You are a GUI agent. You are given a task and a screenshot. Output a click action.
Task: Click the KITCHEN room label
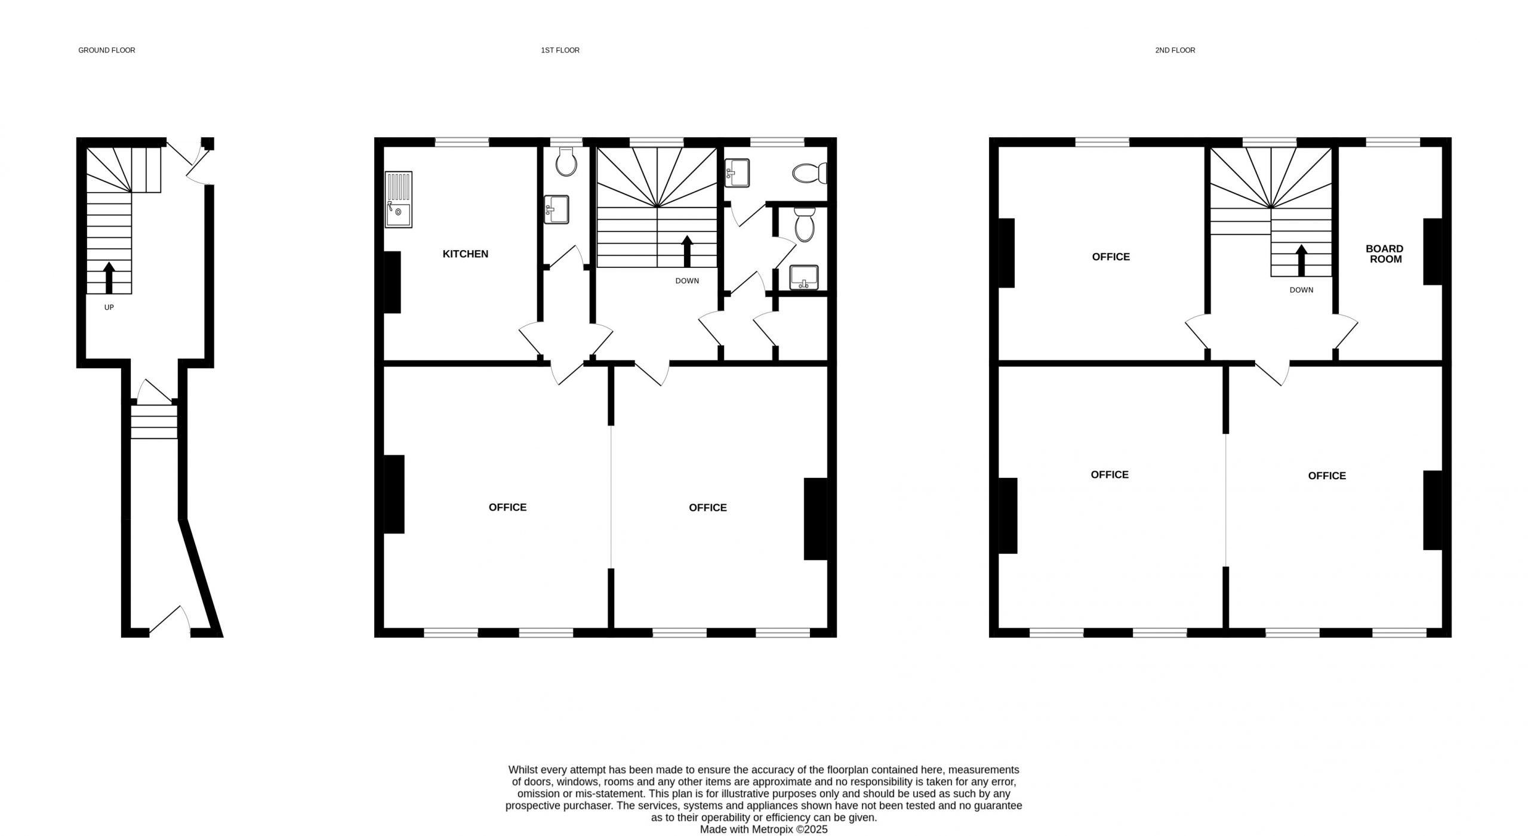465,254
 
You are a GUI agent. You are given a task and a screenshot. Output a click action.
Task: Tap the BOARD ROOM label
1385,254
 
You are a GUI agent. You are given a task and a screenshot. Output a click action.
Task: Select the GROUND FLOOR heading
107,50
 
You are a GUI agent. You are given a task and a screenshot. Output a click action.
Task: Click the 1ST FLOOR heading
560,50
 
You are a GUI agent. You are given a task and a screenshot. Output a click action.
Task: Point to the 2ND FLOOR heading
1175,50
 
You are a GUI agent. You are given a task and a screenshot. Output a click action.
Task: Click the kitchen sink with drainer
399,199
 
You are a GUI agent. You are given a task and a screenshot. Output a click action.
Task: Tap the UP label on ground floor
109,307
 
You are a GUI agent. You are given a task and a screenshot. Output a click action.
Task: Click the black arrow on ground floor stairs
109,278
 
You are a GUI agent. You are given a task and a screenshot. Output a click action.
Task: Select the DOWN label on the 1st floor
687,280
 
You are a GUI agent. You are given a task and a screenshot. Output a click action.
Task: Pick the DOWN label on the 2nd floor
1301,290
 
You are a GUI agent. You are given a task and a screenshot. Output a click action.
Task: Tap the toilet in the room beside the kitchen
565,162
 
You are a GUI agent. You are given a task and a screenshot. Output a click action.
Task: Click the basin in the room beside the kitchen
556,209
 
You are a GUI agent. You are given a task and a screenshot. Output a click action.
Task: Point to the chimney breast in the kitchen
392,282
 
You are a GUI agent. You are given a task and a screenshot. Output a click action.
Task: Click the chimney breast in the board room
1432,251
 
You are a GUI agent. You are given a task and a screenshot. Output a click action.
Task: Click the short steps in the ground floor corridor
154,422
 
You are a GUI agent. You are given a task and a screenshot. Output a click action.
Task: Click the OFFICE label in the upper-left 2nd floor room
1111,257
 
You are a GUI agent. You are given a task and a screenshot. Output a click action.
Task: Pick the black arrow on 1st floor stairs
687,251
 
